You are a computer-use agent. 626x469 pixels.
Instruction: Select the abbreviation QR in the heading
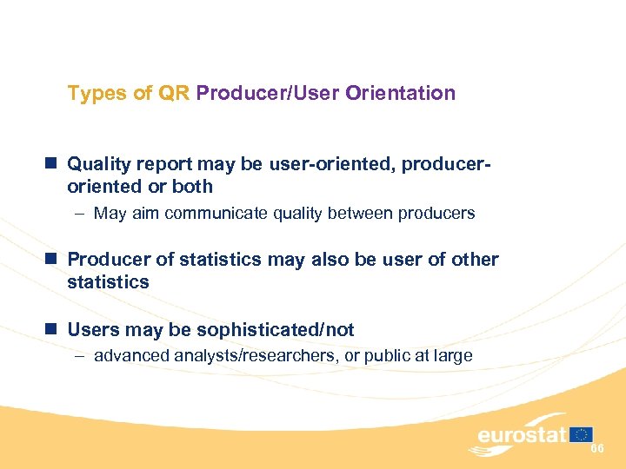point(175,93)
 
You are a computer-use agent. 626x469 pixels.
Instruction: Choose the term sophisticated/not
point(276,330)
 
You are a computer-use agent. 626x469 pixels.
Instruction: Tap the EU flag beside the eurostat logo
point(581,434)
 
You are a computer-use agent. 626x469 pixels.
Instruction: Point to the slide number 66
point(597,448)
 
